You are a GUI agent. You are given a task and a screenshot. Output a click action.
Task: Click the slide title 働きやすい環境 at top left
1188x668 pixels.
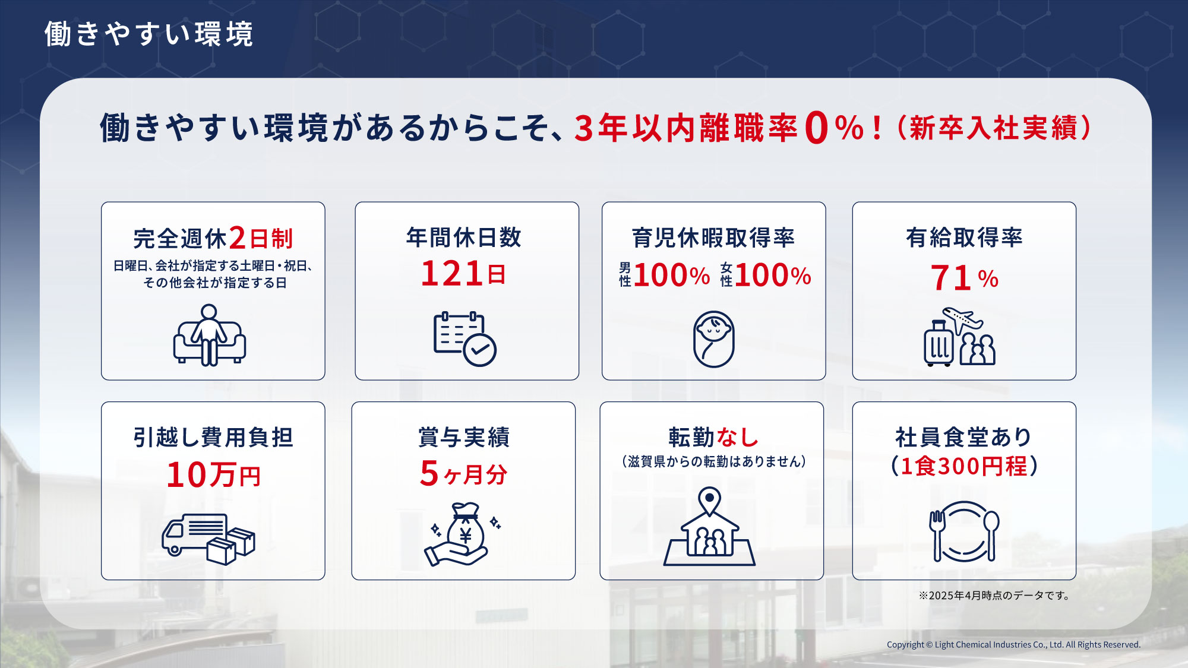click(148, 34)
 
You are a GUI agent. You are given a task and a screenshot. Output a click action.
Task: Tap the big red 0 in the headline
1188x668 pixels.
click(817, 128)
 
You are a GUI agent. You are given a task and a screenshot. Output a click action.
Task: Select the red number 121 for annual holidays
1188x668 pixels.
click(451, 274)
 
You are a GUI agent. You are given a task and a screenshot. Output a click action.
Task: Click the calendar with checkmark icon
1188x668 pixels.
click(465, 338)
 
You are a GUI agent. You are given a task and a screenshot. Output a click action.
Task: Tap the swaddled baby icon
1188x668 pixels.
click(713, 339)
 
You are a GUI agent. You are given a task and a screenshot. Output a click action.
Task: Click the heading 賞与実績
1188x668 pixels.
click(464, 437)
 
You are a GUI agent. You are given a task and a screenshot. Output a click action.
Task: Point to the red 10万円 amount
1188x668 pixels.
click(214, 475)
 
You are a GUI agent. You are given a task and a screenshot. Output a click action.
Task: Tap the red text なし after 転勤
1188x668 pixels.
click(737, 437)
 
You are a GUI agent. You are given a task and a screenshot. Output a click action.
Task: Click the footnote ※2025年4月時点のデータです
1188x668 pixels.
click(994, 596)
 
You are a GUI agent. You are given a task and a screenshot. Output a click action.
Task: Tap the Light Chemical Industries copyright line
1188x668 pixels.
click(1013, 645)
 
